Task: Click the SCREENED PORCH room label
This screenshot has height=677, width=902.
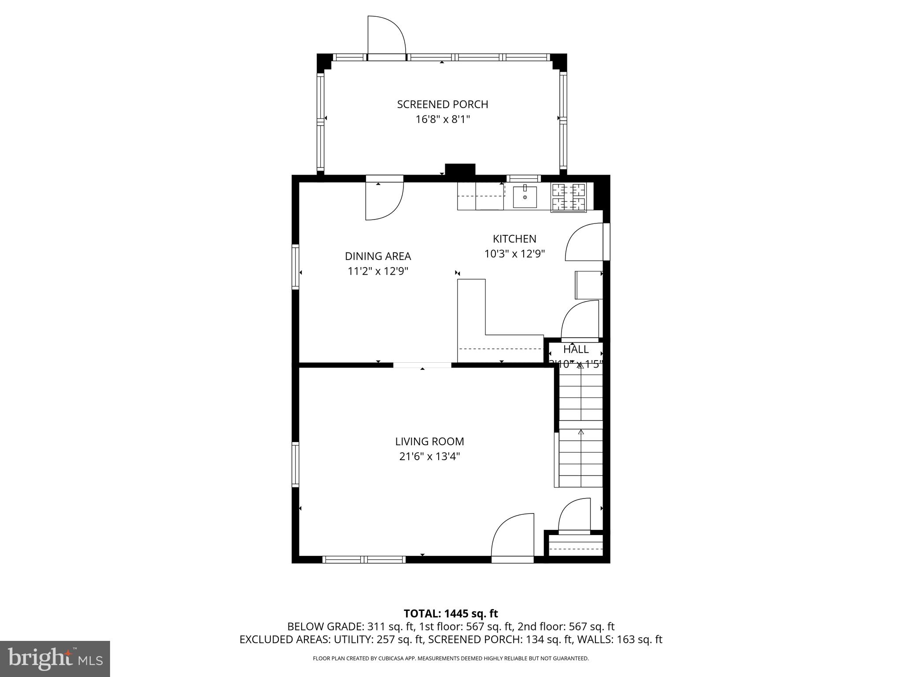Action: click(x=442, y=104)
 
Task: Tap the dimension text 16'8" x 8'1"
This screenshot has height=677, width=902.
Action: click(x=443, y=119)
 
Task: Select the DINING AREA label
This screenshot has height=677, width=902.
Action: click(x=377, y=256)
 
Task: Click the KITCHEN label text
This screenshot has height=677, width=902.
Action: click(x=514, y=239)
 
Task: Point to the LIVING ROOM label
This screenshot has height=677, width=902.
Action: click(x=429, y=441)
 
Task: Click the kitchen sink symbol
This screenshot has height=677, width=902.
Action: click(x=525, y=197)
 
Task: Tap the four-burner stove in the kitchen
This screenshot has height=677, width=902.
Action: click(x=568, y=197)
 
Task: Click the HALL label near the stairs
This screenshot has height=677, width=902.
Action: click(x=576, y=350)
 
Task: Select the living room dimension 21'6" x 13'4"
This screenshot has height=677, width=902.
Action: click(x=429, y=456)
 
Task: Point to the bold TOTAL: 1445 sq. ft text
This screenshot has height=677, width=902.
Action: click(x=451, y=614)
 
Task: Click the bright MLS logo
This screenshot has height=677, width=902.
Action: click(x=55, y=658)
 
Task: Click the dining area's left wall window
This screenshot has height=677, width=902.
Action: click(x=296, y=267)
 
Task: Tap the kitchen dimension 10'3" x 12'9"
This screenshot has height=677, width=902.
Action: click(x=514, y=254)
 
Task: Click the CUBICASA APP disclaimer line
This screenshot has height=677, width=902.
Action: click(x=451, y=658)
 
